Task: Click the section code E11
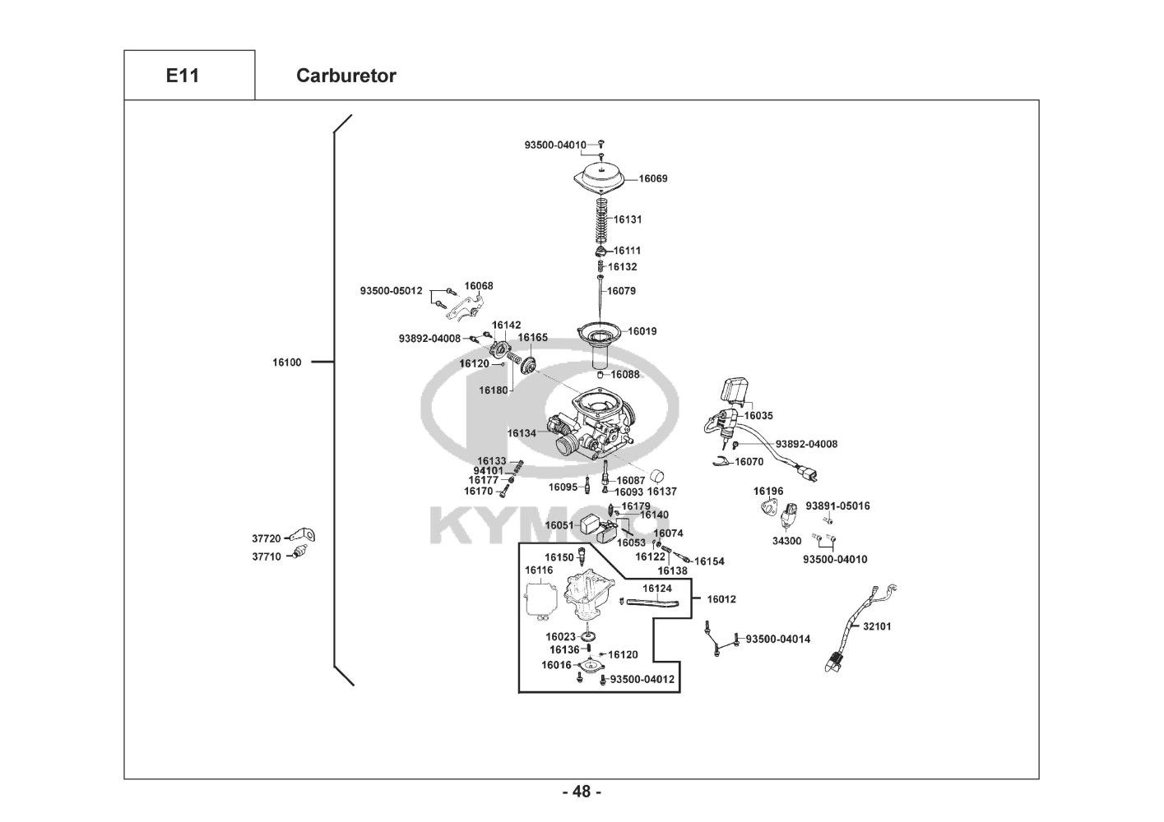pyautogui.click(x=183, y=76)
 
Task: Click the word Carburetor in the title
pyautogui.click(x=346, y=76)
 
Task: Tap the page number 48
pyautogui.click(x=582, y=792)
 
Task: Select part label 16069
pyautogui.click(x=653, y=178)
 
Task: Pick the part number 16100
pyautogui.click(x=287, y=363)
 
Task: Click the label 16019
pyautogui.click(x=642, y=331)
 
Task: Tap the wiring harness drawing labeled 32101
pyautogui.click(x=856, y=628)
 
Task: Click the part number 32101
pyautogui.click(x=877, y=626)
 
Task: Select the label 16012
pyautogui.click(x=721, y=599)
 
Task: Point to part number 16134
pyautogui.click(x=522, y=433)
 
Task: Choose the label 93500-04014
pyautogui.click(x=778, y=640)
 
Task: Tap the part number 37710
pyautogui.click(x=267, y=556)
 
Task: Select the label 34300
pyautogui.click(x=786, y=541)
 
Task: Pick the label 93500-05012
pyautogui.click(x=392, y=291)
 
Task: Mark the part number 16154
pyautogui.click(x=709, y=561)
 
